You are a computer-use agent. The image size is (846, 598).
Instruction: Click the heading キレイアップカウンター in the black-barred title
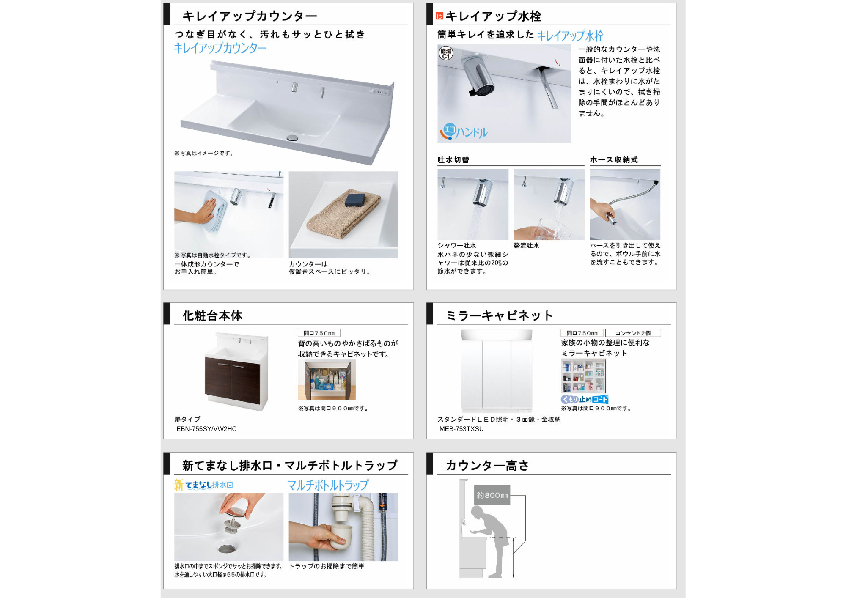pyautogui.click(x=250, y=16)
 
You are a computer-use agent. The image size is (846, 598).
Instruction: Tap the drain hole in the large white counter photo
pyautogui.click(x=292, y=137)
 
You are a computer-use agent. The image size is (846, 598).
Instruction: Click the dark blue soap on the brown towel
pyautogui.click(x=355, y=200)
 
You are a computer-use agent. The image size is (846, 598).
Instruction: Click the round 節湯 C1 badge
pyautogui.click(x=446, y=53)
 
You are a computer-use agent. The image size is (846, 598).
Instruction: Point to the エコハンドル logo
pyautogui.click(x=464, y=132)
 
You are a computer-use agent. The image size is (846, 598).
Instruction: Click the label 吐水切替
pyautogui.click(x=453, y=160)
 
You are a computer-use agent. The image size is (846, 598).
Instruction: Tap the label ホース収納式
pyautogui.click(x=614, y=160)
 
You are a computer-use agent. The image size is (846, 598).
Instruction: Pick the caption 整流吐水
pyautogui.click(x=527, y=246)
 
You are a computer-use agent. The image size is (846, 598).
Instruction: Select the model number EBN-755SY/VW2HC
pyautogui.click(x=206, y=429)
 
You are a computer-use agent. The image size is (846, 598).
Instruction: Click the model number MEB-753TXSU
pyautogui.click(x=461, y=429)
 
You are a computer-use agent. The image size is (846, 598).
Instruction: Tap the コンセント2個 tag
pyautogui.click(x=633, y=333)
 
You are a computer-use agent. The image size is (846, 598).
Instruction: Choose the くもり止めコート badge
pyautogui.click(x=585, y=399)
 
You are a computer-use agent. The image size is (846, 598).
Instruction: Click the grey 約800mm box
pyautogui.click(x=492, y=495)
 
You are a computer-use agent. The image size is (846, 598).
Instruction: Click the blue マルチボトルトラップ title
pyautogui.click(x=328, y=485)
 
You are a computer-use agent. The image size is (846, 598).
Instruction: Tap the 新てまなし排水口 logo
pyautogui.click(x=203, y=485)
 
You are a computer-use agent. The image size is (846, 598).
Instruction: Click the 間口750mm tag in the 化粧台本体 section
pyautogui.click(x=319, y=333)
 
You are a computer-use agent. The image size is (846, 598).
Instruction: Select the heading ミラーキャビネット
pyautogui.click(x=500, y=315)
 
